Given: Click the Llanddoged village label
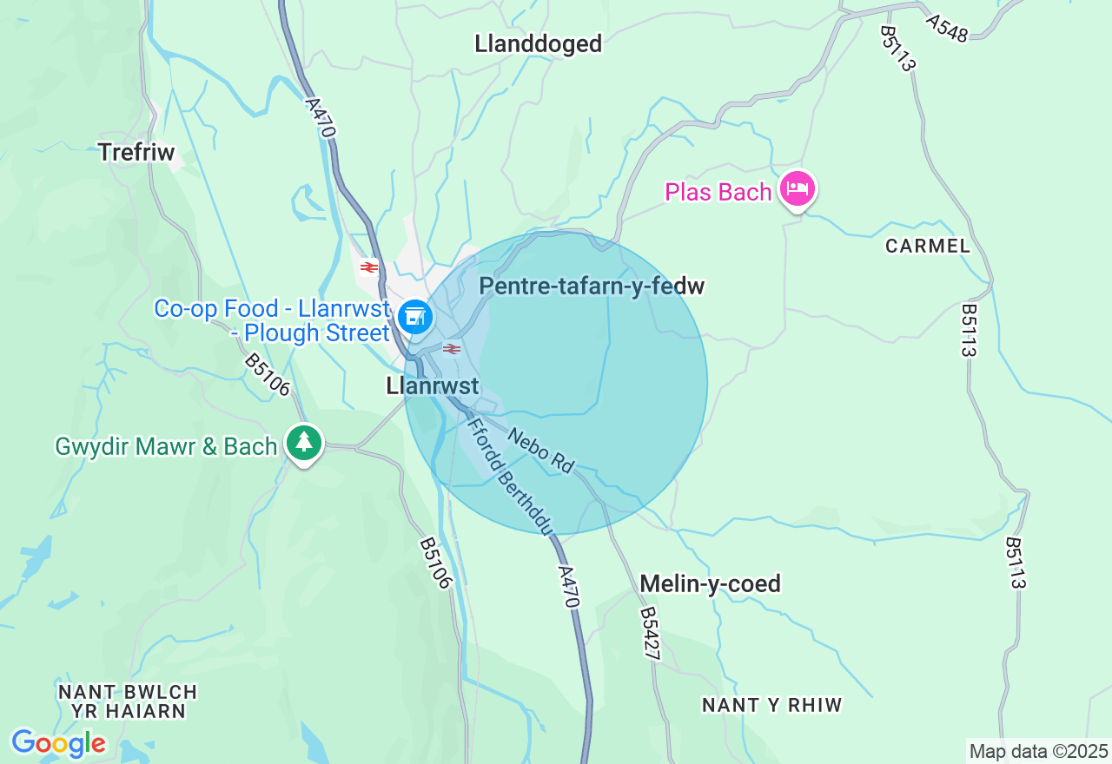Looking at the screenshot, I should click(x=538, y=43).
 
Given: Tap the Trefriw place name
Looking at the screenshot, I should click(x=136, y=152).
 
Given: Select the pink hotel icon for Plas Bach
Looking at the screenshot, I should click(x=797, y=189).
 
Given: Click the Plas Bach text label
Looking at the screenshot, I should click(x=718, y=192).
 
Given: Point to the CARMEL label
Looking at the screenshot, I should click(x=928, y=246).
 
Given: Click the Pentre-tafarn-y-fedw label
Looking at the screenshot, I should click(x=591, y=286).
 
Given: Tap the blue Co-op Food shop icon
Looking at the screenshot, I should click(x=415, y=316).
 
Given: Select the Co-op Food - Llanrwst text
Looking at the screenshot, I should click(x=271, y=320).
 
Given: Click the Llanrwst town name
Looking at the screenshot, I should click(x=433, y=386).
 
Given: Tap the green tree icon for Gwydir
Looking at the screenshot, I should click(x=303, y=443).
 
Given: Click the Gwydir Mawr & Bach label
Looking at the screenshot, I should click(x=166, y=446).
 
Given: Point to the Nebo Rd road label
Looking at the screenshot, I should click(x=541, y=451).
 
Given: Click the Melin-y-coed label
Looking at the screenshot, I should click(x=710, y=583).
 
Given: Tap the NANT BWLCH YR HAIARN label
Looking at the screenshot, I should click(x=128, y=701).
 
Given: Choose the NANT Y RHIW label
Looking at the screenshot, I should click(x=772, y=705).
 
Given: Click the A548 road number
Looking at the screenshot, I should click(x=946, y=28).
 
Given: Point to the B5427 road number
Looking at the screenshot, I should click(x=650, y=634).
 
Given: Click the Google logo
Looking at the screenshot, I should click(x=58, y=743).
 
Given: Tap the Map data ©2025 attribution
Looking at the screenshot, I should click(x=1038, y=751).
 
